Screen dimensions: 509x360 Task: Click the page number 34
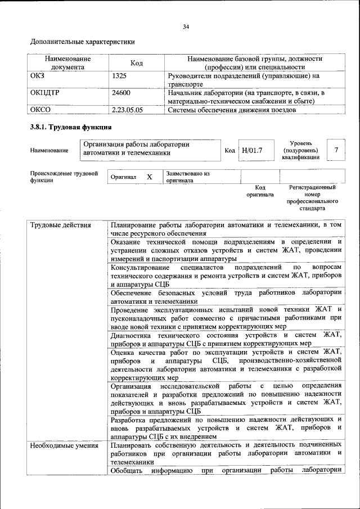point(186,26)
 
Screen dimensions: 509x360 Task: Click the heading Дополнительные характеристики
point(82,42)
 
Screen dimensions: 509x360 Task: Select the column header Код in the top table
point(137,62)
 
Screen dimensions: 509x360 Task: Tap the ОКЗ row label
point(37,75)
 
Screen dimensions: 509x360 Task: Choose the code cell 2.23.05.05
point(128,110)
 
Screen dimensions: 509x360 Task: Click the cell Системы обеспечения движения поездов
point(232,110)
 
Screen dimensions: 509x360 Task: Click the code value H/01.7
point(251,150)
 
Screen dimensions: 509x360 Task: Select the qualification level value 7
point(336,150)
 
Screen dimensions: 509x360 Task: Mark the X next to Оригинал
point(150,177)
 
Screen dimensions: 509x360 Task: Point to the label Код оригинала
point(259,191)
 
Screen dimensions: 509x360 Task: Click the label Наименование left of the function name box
point(49,150)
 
